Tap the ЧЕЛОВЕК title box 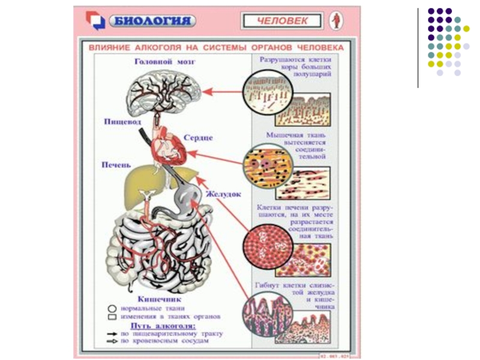pyautogui.click(x=283, y=21)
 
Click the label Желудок pyautogui.click(x=223, y=194)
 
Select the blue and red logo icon pyautogui.click(x=95, y=21)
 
